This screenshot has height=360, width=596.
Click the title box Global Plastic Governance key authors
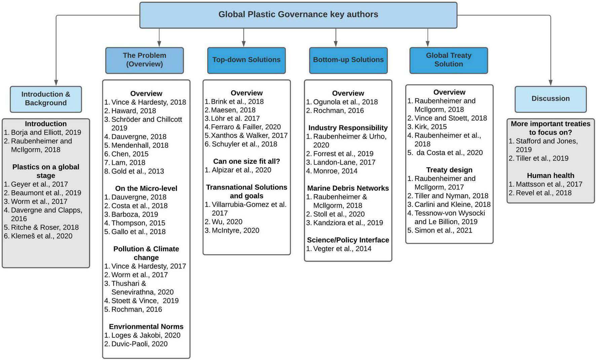(298, 15)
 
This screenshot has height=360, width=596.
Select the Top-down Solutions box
(246, 60)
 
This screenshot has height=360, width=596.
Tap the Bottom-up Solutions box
(348, 60)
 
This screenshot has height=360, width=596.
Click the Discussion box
(550, 99)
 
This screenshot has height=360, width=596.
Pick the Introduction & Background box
(46, 99)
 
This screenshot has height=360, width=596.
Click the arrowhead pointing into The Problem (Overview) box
(159, 44)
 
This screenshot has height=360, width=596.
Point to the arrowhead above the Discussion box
(551, 82)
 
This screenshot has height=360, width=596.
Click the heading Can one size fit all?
(246, 161)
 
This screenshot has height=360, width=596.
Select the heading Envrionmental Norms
(146, 327)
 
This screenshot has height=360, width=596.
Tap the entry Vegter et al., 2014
(342, 249)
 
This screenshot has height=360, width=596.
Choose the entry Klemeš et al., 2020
(41, 236)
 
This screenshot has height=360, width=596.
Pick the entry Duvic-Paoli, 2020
(139, 344)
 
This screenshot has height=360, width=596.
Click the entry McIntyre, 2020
(235, 230)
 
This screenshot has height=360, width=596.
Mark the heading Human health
(550, 176)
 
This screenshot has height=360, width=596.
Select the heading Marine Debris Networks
(348, 188)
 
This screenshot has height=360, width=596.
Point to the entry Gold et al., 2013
(138, 171)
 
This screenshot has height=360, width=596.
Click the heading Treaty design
(449, 170)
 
